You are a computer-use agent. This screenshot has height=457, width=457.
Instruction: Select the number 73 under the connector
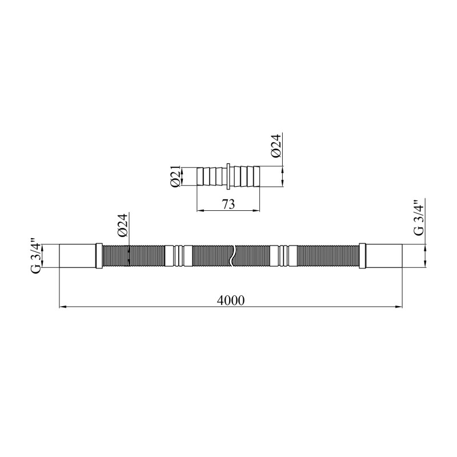[x=228, y=203]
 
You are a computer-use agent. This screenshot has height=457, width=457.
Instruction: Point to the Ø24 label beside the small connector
[x=276, y=148]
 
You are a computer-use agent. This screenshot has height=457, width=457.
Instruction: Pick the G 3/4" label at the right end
[x=418, y=218]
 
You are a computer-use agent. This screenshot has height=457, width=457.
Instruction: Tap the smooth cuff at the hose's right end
[x=384, y=255]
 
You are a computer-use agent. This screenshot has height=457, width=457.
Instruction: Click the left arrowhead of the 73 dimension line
[x=200, y=210]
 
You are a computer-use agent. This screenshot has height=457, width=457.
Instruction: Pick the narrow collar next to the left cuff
[x=99, y=255]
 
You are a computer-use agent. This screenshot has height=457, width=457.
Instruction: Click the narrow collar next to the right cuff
[x=362, y=255]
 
